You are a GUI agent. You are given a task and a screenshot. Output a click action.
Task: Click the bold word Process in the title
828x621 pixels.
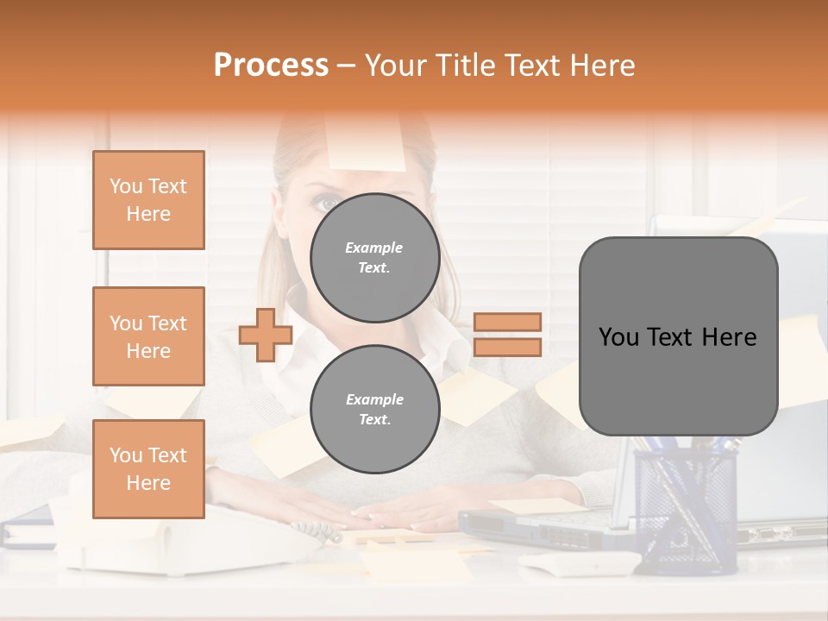pos(271,66)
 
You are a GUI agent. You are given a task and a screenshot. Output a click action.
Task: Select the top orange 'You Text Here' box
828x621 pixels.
pos(148,200)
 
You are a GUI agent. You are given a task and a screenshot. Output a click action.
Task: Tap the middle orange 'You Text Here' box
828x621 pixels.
pos(148,336)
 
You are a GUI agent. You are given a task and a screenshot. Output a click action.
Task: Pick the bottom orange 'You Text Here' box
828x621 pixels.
pos(148,469)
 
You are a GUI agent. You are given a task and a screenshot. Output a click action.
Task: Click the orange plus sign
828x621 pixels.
pos(266,335)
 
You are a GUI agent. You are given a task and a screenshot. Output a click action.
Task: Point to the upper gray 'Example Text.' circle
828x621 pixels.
pos(374,258)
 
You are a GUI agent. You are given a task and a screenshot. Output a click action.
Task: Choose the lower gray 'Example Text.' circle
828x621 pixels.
pos(374,410)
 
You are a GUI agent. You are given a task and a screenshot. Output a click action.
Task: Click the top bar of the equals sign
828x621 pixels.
pos(507,322)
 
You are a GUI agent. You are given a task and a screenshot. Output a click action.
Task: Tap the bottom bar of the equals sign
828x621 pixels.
pos(507,347)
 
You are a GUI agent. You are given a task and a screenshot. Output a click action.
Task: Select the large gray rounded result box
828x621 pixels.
pos(678,336)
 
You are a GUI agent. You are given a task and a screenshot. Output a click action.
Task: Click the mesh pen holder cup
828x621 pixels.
pos(686,509)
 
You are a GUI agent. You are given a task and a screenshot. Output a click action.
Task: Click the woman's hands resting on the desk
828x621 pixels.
pos(405,516)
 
